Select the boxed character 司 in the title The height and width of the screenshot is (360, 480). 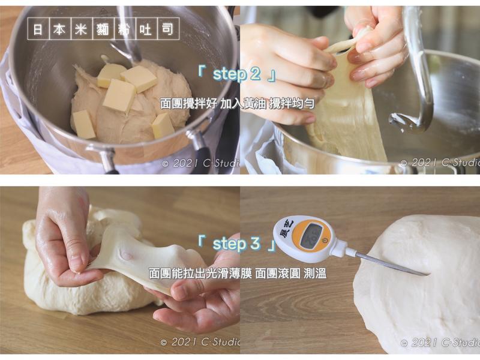point(170,29)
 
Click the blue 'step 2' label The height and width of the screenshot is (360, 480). point(238,74)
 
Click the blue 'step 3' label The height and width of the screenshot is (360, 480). point(237,244)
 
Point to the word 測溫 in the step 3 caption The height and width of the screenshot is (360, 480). point(315,273)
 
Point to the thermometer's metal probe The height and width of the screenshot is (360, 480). point(390,263)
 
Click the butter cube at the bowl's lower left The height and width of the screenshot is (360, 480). point(83,124)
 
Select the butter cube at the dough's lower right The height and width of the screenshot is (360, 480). point(163,126)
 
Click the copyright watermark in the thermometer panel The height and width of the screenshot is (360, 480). point(439,342)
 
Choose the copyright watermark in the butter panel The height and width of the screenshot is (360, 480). point(200,163)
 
